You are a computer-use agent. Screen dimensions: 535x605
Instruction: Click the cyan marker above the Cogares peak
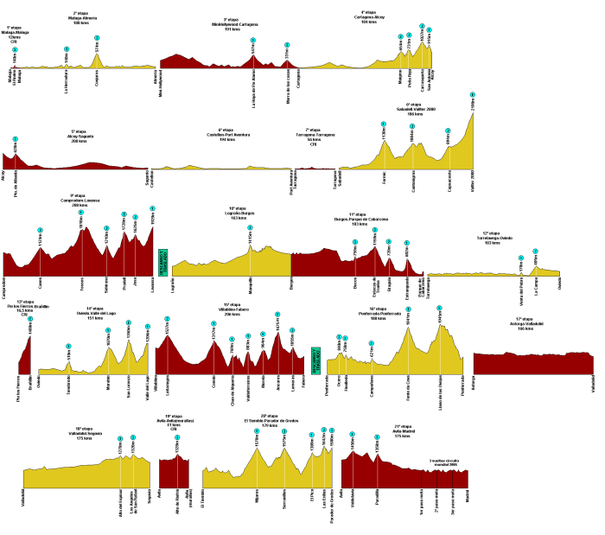(97, 38)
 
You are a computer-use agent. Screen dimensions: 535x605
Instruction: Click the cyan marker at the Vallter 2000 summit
(473, 94)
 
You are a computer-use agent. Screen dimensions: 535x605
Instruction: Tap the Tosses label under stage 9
(82, 283)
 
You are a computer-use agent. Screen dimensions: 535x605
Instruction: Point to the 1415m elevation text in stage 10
(250, 239)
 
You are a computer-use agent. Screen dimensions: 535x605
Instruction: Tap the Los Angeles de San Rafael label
(132, 502)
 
